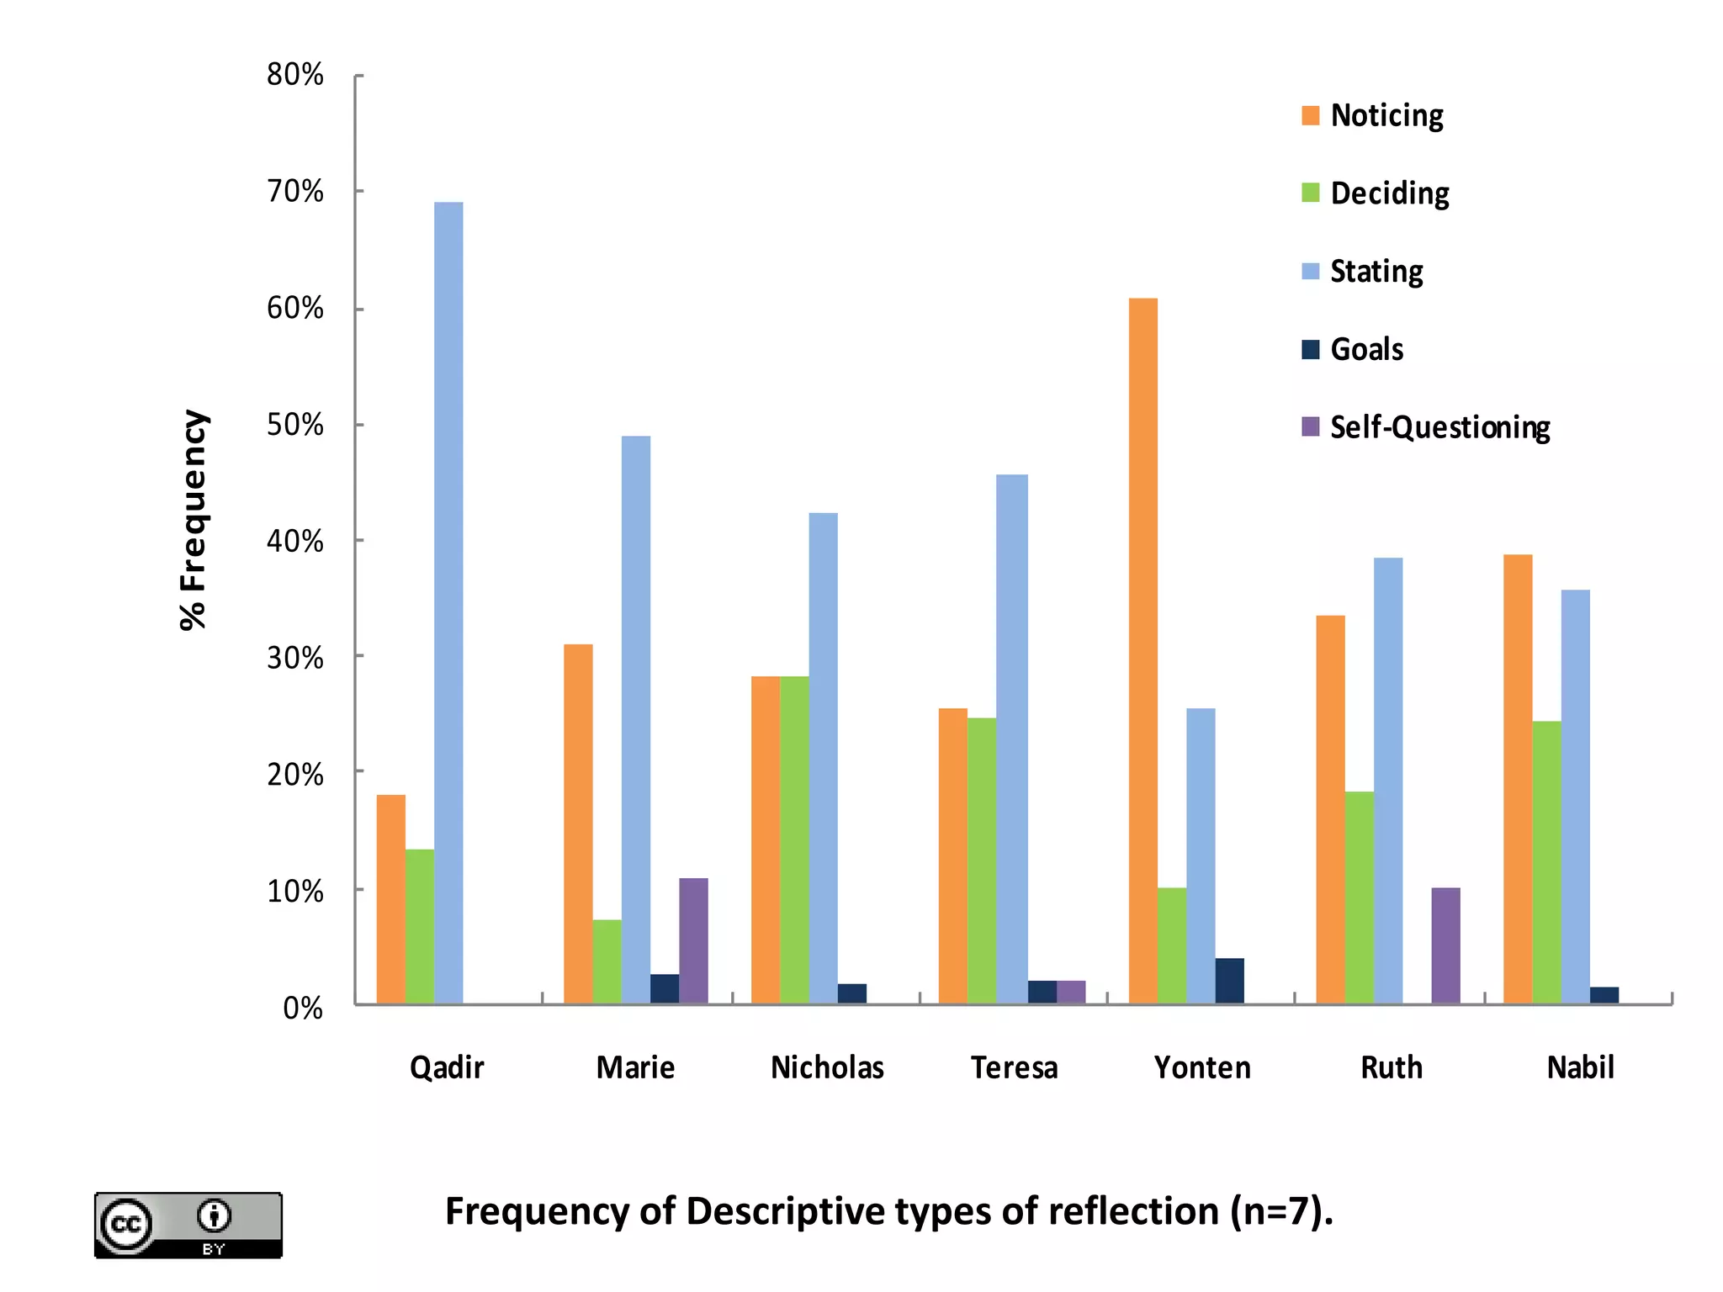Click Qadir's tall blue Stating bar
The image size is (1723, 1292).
(448, 602)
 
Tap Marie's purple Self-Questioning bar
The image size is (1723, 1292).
(693, 940)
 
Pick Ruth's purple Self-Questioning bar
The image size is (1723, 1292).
(1445, 945)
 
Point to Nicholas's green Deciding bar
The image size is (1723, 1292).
(794, 839)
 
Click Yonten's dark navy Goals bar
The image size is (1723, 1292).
(1229, 981)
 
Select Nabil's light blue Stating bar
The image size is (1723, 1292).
(1575, 797)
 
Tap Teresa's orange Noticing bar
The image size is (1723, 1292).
(952, 855)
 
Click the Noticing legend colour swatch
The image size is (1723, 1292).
(1310, 116)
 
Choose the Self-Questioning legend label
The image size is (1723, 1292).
(1439, 427)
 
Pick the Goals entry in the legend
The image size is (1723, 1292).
(1366, 349)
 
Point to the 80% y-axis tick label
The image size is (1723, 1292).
(295, 75)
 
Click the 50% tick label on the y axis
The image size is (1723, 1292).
(295, 425)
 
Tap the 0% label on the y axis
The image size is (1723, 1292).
(303, 1008)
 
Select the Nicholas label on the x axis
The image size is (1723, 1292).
(827, 1067)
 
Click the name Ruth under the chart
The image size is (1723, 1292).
(1392, 1067)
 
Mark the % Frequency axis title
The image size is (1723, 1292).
(194, 520)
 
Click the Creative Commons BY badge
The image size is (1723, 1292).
(188, 1225)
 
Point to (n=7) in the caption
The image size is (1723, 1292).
(1280, 1212)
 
